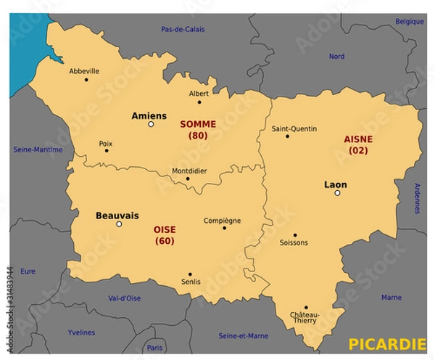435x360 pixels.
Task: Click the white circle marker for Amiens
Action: [x=151, y=124]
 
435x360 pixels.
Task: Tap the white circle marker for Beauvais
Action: [x=120, y=224]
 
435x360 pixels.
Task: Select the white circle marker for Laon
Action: [x=337, y=193]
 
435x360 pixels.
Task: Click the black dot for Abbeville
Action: [x=86, y=80]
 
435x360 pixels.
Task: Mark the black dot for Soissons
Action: [x=294, y=234]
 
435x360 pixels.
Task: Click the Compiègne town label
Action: [x=222, y=221]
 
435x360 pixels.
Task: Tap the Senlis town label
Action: [x=192, y=282]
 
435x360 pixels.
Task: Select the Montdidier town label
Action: [x=189, y=171]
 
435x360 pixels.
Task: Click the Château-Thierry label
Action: [x=306, y=318]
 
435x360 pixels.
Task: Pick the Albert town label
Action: [x=199, y=93]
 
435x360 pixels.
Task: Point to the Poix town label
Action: [x=106, y=143]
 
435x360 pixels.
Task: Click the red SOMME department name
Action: [x=198, y=124]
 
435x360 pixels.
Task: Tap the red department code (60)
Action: [x=165, y=241]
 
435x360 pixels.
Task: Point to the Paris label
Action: [x=154, y=348]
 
